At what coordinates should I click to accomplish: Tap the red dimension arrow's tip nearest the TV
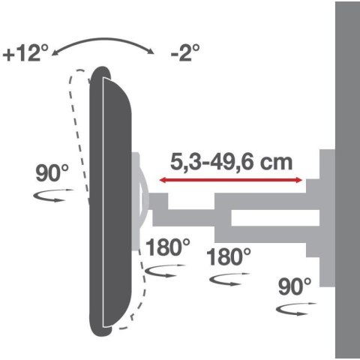pyautogui.click(x=160, y=179)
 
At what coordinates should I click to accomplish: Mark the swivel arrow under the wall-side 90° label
pyautogui.click(x=294, y=308)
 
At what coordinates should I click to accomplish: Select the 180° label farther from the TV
pyautogui.click(x=229, y=256)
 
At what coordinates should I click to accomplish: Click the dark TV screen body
pyautogui.click(x=112, y=195)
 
